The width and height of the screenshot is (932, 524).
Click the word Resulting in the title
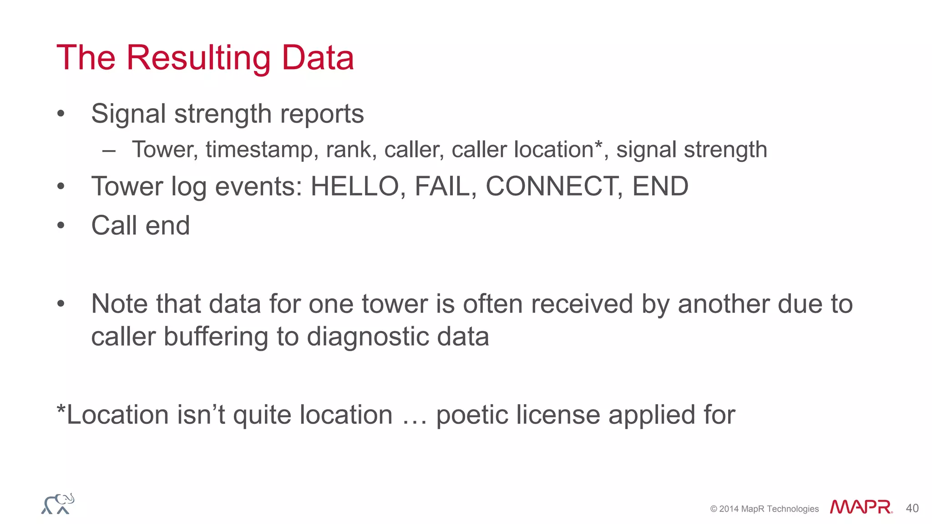tap(198, 58)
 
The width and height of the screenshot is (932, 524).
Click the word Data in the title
tap(318, 58)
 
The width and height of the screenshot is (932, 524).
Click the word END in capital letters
tap(660, 186)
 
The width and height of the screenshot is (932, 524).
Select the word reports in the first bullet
tap(322, 114)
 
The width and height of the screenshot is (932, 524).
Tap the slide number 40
tap(912, 508)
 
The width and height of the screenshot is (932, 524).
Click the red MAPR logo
tap(861, 507)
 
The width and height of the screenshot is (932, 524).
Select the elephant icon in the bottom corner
tap(58, 504)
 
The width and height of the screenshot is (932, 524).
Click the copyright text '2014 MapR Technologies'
tap(769, 509)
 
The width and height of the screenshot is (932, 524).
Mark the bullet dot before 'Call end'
tap(61, 225)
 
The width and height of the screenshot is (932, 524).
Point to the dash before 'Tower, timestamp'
tap(109, 151)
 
